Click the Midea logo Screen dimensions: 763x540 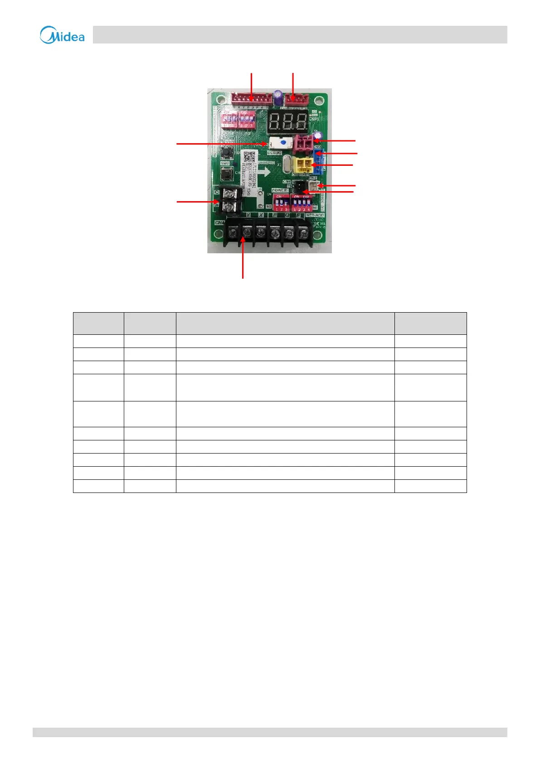pyautogui.click(x=62, y=35)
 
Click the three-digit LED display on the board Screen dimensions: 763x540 pyautogui.click(x=288, y=121)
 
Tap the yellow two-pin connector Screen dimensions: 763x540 pyautogui.click(x=303, y=165)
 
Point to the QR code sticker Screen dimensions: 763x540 pyautogui.click(x=249, y=157)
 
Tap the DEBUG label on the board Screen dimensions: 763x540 pyautogui.click(x=274, y=153)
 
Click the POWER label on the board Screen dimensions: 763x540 pyautogui.click(x=279, y=190)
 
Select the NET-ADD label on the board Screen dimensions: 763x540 pyautogui.click(x=315, y=216)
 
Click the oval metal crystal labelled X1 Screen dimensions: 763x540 pyautogui.click(x=287, y=164)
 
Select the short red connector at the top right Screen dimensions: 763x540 pyautogui.click(x=297, y=98)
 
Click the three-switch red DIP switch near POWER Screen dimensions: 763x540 pyautogui.click(x=281, y=203)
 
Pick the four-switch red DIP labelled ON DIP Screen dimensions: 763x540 pyautogui.click(x=302, y=203)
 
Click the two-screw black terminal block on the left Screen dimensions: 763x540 pyautogui.click(x=230, y=200)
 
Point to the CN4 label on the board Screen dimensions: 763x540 pyautogui.click(x=219, y=223)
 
